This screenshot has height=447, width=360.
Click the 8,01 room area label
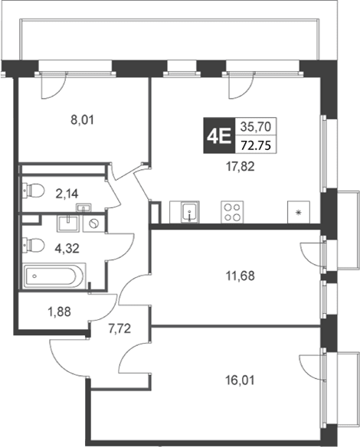point(82,120)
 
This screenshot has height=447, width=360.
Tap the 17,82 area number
point(241,167)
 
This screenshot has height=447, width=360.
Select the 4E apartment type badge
point(218,135)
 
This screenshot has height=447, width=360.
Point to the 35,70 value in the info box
point(255,126)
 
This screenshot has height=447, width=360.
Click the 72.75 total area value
point(256,145)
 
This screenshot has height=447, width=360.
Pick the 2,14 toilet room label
point(67,194)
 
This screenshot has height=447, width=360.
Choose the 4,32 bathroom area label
point(67,248)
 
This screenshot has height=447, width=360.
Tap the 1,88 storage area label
point(59,312)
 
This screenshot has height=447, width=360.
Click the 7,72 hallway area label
point(119,328)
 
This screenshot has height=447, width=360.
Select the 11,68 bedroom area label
point(241,276)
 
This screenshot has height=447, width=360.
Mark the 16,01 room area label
point(240,380)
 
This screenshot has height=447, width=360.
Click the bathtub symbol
point(54,276)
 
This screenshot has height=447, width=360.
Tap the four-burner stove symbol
point(232,212)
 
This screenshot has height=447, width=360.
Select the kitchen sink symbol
point(190,212)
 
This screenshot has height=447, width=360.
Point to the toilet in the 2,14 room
point(34,190)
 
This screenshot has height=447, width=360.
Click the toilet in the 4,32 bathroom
point(34,245)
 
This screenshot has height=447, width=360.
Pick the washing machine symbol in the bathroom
point(93,223)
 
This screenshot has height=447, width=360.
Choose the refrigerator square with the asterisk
point(299,212)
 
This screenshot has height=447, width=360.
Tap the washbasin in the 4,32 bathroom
point(68,223)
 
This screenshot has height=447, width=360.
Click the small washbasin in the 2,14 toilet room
point(83,207)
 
